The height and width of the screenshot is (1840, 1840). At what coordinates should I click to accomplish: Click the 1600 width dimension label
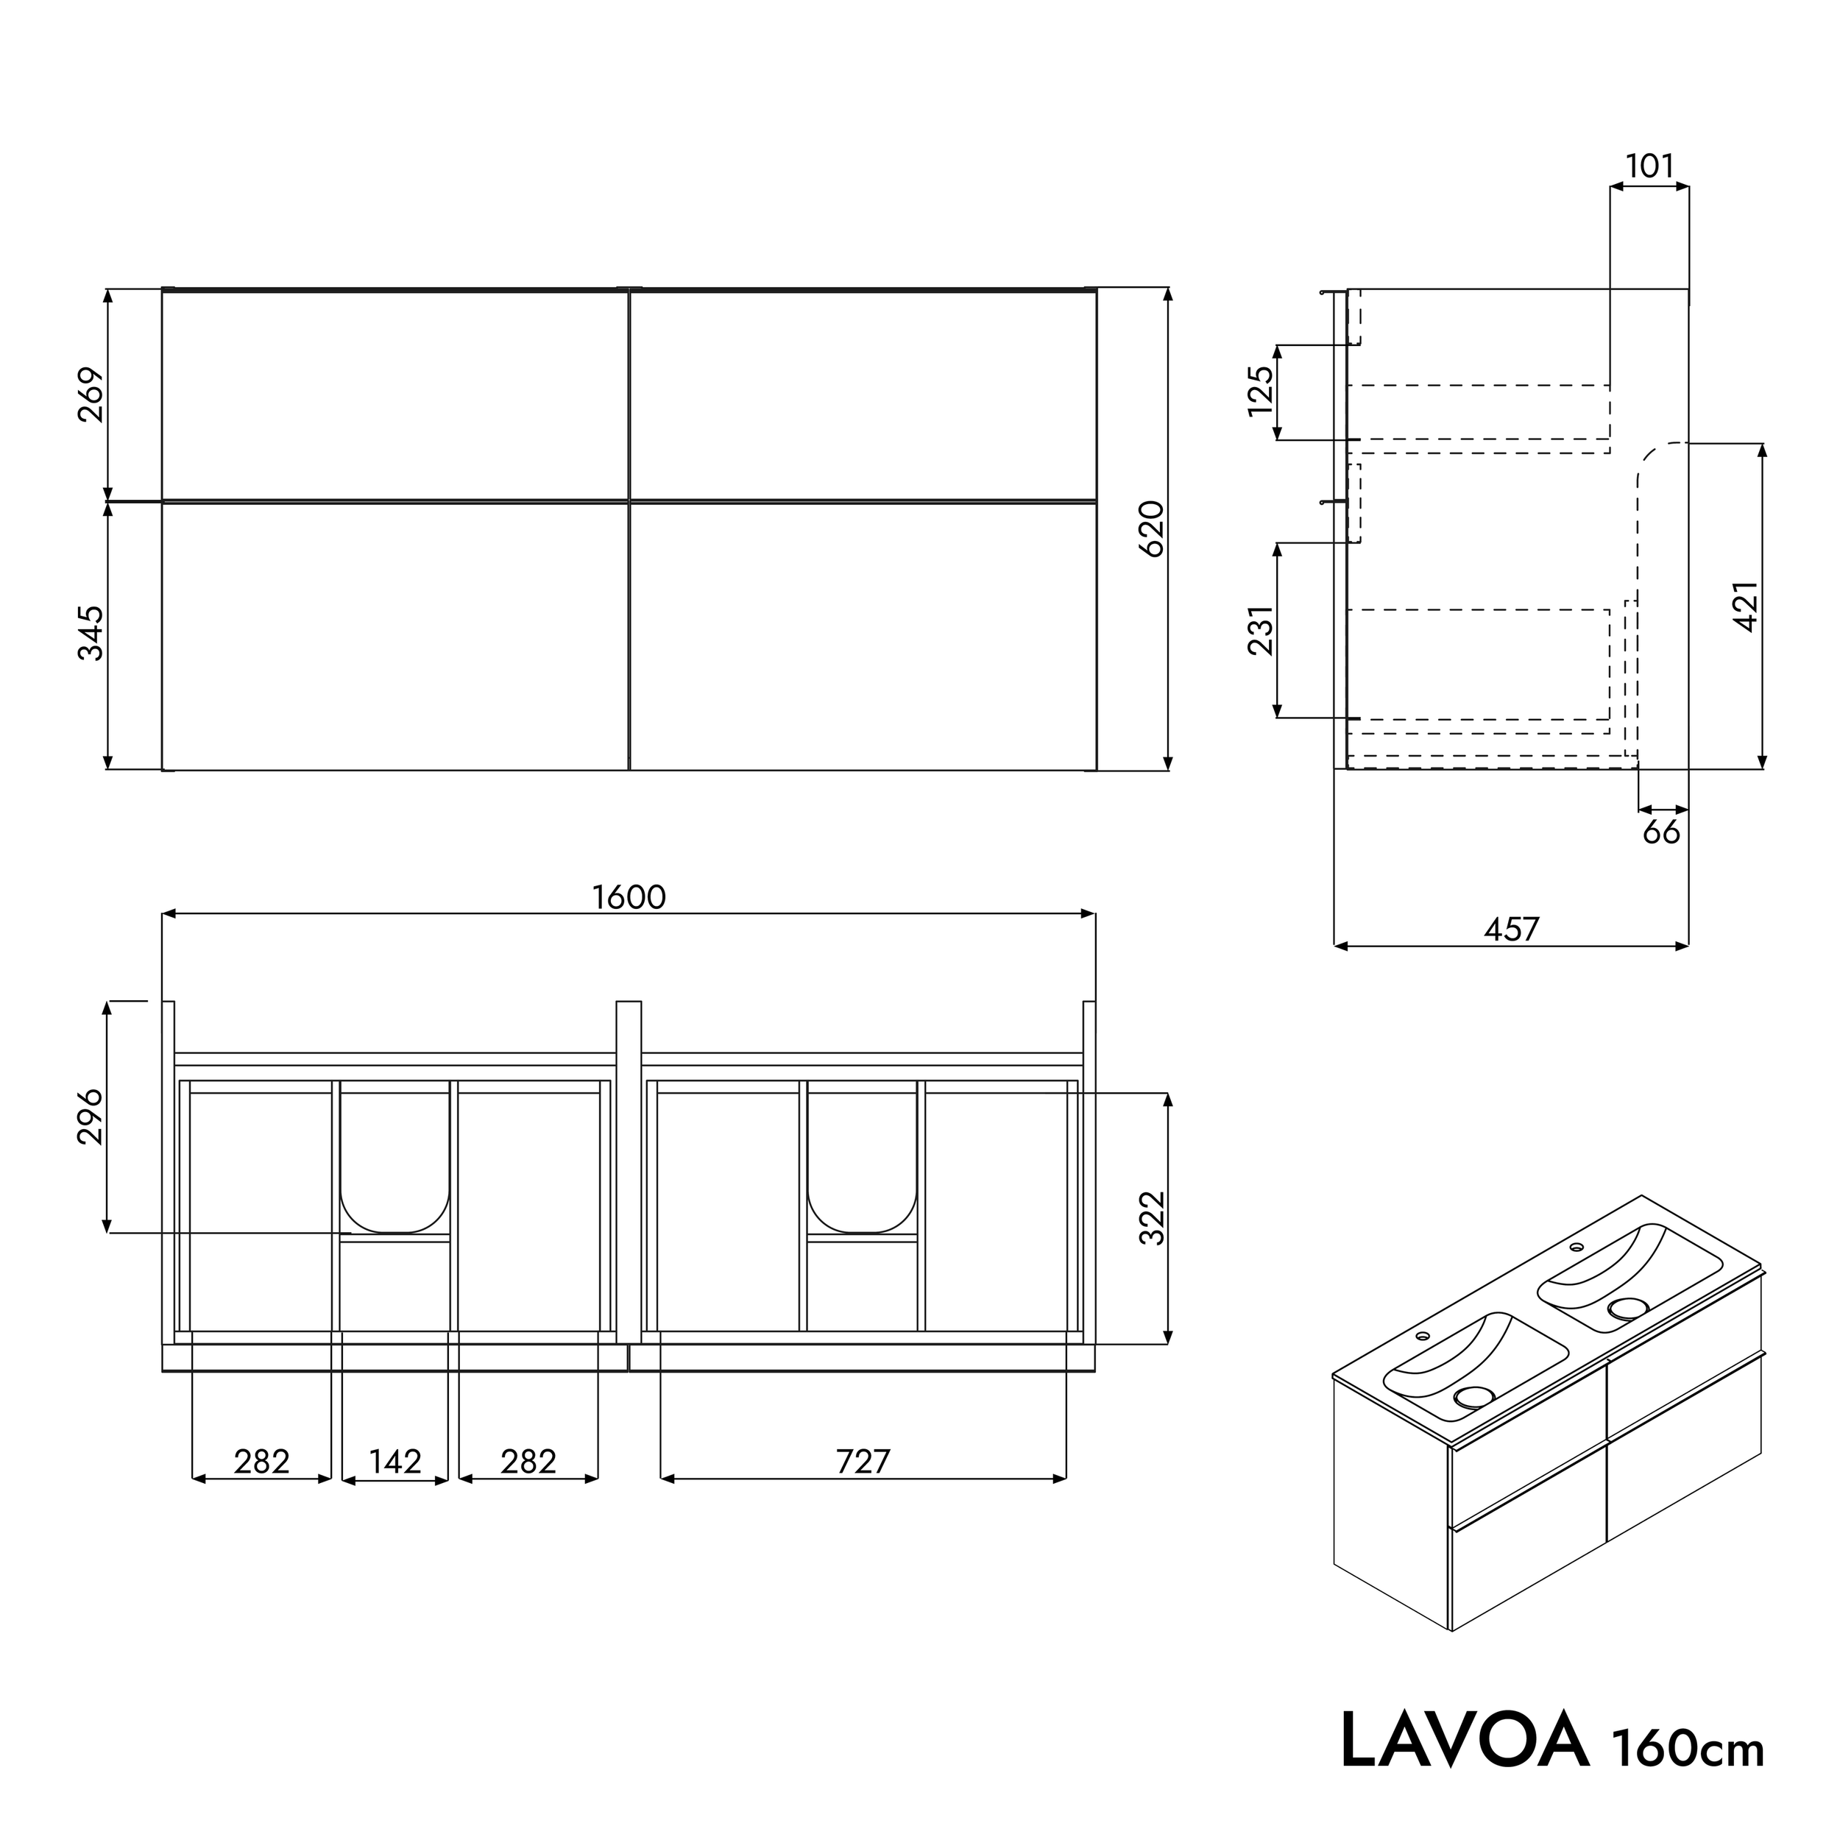pyautogui.click(x=629, y=897)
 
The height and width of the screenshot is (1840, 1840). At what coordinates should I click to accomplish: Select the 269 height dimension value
pyautogui.click(x=91, y=394)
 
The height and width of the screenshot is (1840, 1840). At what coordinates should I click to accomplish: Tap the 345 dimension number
pyautogui.click(x=91, y=632)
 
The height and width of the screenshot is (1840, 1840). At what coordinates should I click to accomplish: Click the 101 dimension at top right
pyautogui.click(x=1649, y=166)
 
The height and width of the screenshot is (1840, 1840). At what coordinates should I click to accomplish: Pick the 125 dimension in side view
pyautogui.click(x=1260, y=391)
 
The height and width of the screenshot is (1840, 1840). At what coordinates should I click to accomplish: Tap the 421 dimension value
pyautogui.click(x=1747, y=606)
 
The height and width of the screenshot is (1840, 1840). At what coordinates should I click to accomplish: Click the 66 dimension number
pyautogui.click(x=1661, y=832)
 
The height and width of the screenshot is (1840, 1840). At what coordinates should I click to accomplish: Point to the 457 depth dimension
pyautogui.click(x=1512, y=930)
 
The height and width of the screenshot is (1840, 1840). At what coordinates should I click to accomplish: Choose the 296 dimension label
pyautogui.click(x=91, y=1117)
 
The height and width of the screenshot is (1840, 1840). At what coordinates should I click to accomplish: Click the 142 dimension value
pyautogui.click(x=394, y=1462)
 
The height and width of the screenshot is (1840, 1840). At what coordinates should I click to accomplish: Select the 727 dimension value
pyautogui.click(x=863, y=1462)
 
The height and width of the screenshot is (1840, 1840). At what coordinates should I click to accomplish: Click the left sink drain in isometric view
pyautogui.click(x=1474, y=1397)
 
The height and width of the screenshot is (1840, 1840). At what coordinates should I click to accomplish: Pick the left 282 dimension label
pyautogui.click(x=261, y=1462)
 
